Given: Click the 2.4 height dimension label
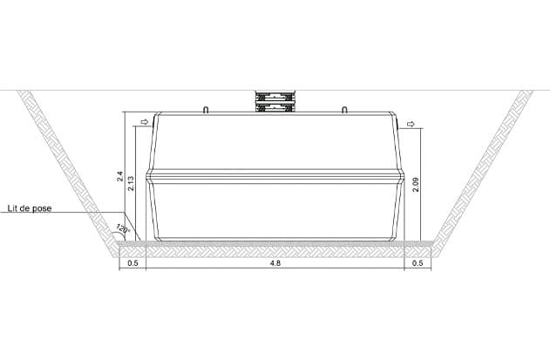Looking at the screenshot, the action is [x=120, y=176].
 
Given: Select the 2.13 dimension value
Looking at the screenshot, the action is [x=131, y=183].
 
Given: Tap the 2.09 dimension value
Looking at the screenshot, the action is [x=416, y=185].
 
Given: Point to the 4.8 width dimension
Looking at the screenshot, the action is [x=275, y=263].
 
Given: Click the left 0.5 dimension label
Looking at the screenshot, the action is [x=132, y=263].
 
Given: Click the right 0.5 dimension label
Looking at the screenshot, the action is [x=418, y=263].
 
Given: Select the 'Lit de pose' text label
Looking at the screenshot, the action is [x=30, y=208].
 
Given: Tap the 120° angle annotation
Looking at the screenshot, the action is [x=123, y=228].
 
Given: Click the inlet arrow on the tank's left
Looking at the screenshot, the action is [x=145, y=122].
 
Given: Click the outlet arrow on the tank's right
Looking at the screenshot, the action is [x=411, y=124].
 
